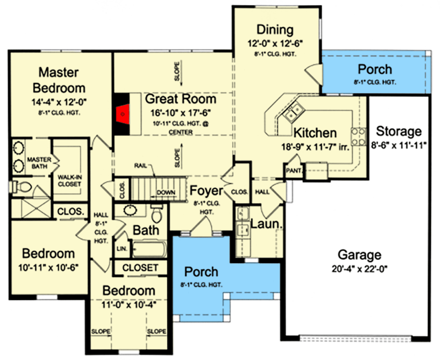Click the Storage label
(399, 132)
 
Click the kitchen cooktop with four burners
(358, 135)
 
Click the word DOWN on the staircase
(166, 192)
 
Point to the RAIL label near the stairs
(140, 165)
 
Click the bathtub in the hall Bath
(148, 249)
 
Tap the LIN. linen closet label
(122, 249)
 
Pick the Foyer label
(206, 191)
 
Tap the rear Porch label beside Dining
(375, 69)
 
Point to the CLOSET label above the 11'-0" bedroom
(140, 268)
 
